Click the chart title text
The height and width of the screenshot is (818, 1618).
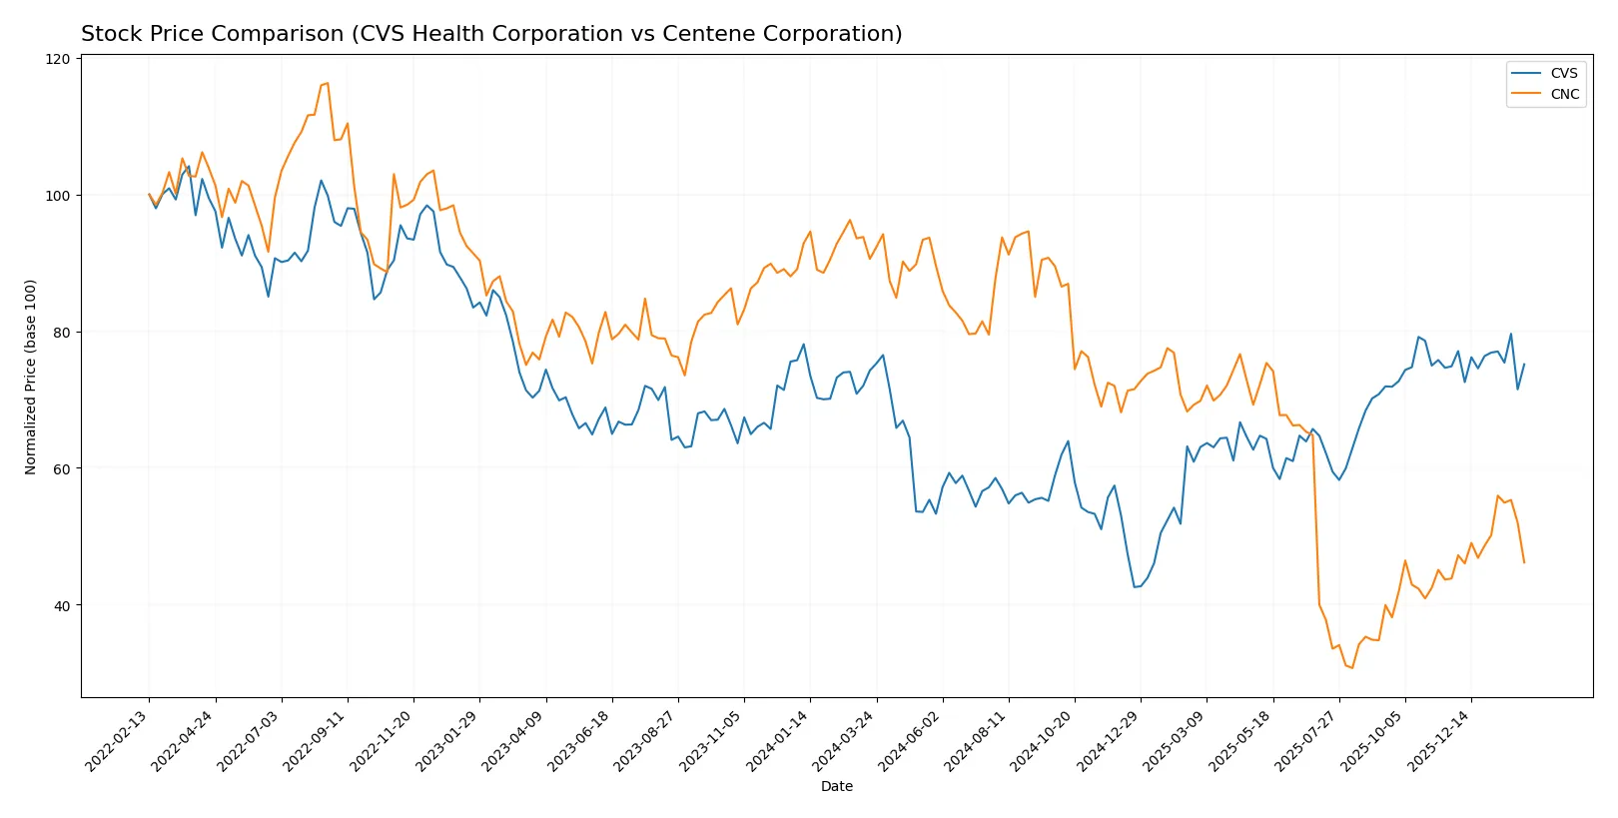pyautogui.click(x=491, y=34)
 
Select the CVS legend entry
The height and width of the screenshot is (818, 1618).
pyautogui.click(x=1563, y=73)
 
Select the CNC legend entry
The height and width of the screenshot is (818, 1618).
pyautogui.click(x=1564, y=94)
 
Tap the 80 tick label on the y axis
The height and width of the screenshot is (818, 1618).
pyautogui.click(x=62, y=333)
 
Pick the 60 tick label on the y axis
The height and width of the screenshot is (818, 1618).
pyautogui.click(x=62, y=468)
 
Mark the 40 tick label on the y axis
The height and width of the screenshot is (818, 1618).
pyautogui.click(x=62, y=605)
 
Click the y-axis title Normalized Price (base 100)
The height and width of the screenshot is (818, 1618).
pyautogui.click(x=31, y=377)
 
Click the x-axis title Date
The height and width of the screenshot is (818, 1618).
pyautogui.click(x=836, y=786)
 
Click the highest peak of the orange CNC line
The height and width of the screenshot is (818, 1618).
pyautogui.click(x=328, y=83)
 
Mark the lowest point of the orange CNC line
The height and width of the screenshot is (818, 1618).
pyautogui.click(x=1352, y=667)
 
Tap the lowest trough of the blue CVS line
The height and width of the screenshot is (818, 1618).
pyautogui.click(x=1135, y=587)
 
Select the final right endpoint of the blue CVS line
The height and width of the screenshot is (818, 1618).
pyautogui.click(x=1524, y=365)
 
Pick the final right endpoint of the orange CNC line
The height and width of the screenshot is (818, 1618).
pyautogui.click(x=1524, y=562)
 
